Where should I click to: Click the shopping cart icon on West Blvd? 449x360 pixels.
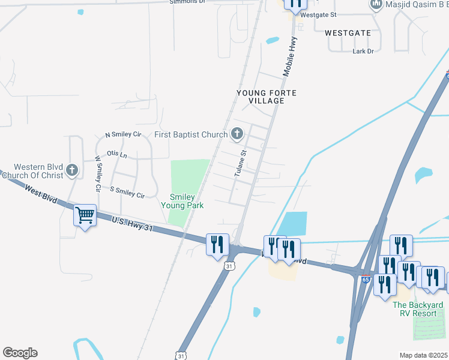tap(85, 215)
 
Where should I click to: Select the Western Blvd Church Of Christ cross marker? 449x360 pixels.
tap(73, 170)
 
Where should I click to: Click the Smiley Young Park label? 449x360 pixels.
tap(182, 201)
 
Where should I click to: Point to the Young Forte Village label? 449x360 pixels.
tap(267, 97)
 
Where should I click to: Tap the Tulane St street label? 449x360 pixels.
tap(240, 163)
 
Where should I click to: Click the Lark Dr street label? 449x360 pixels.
tap(363, 52)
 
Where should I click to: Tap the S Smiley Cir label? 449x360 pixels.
tap(127, 192)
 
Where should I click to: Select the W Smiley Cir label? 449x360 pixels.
tap(97, 174)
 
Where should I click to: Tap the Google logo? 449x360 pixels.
tap(20, 353)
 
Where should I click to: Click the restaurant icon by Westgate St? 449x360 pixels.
tap(295, 4)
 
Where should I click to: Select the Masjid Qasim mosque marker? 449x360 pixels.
tap(376, 5)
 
